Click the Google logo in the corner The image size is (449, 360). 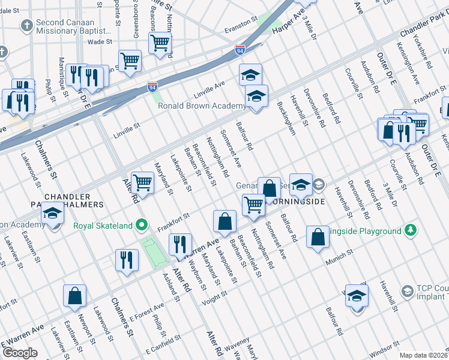[19, 353]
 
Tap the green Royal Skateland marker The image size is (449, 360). [142, 226]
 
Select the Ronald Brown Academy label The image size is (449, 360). [201, 106]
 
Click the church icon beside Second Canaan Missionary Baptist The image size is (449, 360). [26, 26]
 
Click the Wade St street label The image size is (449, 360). [100, 42]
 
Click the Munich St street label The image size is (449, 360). [338, 262]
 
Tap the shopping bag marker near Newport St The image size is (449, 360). [74, 296]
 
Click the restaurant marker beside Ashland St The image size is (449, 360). [127, 260]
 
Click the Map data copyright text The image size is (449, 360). [423, 355]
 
